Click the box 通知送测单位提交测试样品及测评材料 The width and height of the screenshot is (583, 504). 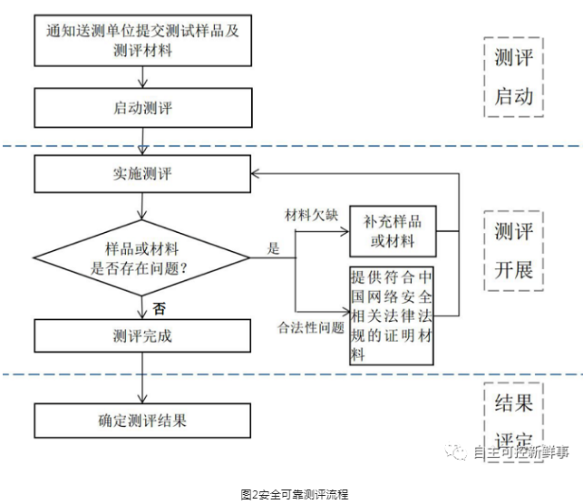pyautogui.click(x=143, y=41)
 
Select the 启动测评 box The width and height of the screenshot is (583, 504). pyautogui.click(x=143, y=108)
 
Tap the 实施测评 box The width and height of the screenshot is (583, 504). pyautogui.click(x=143, y=174)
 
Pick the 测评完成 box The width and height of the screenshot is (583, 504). pyautogui.click(x=143, y=334)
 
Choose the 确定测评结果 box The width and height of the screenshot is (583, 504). pyautogui.click(x=143, y=420)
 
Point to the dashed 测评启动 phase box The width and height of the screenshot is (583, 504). pyautogui.click(x=513, y=76)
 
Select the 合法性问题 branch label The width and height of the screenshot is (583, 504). pyautogui.click(x=310, y=325)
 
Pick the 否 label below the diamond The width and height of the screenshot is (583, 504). pyautogui.click(x=160, y=308)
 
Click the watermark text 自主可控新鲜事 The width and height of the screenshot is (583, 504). pyautogui.click(x=520, y=451)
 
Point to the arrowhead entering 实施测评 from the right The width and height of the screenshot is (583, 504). pyautogui.click(x=257, y=173)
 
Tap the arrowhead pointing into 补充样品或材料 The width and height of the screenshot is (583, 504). pyautogui.click(x=345, y=230)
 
